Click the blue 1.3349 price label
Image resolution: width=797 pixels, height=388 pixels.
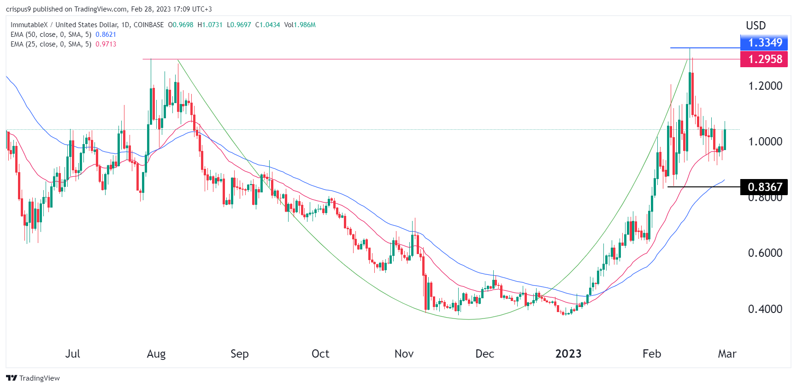(x=764, y=43)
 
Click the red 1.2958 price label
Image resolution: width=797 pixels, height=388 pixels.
(x=764, y=59)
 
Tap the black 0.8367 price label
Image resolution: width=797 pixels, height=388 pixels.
(x=764, y=187)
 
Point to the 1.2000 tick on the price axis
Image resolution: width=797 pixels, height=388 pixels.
(x=765, y=86)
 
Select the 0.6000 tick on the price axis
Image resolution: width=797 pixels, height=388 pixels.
(x=765, y=253)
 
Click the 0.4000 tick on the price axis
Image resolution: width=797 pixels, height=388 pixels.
(x=765, y=309)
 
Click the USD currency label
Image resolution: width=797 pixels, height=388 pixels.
(x=756, y=26)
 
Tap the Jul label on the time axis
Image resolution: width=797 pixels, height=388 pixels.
(x=72, y=354)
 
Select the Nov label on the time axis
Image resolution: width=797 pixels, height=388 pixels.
(x=404, y=354)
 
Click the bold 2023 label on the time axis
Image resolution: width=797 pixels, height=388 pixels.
(x=568, y=354)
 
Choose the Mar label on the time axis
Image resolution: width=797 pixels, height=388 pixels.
(x=727, y=354)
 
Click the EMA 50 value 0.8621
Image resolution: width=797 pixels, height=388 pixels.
(x=106, y=35)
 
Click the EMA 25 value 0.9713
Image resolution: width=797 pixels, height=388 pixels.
(x=106, y=44)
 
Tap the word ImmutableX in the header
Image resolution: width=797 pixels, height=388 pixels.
(x=29, y=25)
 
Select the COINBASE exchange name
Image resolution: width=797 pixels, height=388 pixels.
(x=148, y=25)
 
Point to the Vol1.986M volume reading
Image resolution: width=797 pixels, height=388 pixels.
(x=300, y=25)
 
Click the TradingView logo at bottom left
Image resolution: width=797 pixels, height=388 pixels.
(x=33, y=378)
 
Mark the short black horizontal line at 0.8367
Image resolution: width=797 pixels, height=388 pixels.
(x=703, y=186)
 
